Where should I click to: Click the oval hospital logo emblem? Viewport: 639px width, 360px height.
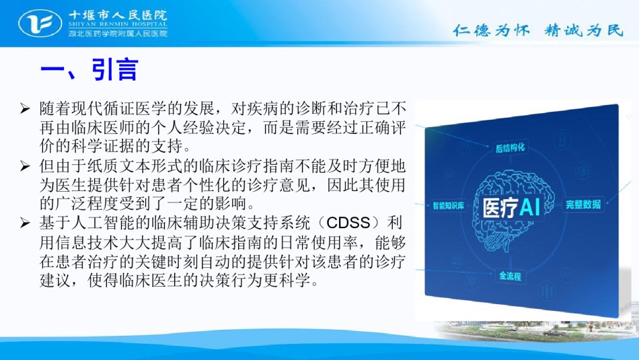40,23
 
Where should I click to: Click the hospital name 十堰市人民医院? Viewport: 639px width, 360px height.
117,15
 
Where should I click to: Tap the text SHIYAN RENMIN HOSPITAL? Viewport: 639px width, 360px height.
117,24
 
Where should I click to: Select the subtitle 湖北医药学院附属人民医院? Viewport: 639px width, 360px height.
117,33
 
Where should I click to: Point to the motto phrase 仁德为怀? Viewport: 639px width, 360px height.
492,30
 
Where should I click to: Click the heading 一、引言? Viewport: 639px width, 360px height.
89,69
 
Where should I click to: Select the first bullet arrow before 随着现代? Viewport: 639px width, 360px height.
25,108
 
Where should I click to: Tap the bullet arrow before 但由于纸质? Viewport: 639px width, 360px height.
25,166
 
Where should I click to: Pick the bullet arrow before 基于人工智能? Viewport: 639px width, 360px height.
25,223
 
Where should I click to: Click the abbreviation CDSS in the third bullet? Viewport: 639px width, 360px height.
348,223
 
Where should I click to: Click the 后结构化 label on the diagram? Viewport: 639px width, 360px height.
510,147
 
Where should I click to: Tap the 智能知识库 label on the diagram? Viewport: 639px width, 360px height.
448,205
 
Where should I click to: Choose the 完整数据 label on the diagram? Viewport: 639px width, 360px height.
583,205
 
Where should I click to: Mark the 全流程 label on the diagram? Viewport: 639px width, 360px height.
510,276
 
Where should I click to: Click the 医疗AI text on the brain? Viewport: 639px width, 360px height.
511,208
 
